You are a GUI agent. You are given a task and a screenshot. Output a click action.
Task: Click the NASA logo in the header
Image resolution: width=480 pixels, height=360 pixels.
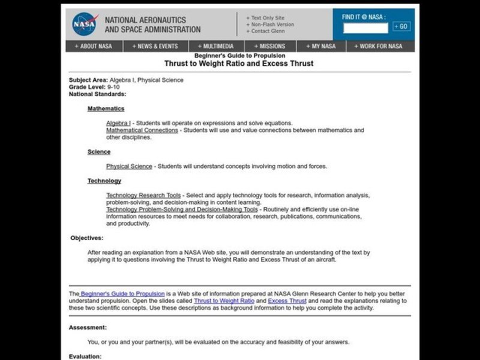click(x=85, y=24)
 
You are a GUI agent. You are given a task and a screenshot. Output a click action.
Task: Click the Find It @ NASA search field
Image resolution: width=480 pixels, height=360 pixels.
click(x=365, y=27)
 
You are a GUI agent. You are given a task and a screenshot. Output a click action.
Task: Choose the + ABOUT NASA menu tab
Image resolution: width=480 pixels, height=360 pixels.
click(x=94, y=46)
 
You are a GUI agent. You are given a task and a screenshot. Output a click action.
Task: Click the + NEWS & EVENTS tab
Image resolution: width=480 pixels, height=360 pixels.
click(x=156, y=46)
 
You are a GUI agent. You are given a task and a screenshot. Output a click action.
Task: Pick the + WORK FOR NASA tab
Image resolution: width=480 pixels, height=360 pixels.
click(x=379, y=46)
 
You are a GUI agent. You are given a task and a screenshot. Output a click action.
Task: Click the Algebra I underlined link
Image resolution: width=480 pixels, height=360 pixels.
click(x=119, y=123)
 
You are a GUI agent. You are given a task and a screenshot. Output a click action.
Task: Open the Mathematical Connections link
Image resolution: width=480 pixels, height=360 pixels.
click(x=142, y=130)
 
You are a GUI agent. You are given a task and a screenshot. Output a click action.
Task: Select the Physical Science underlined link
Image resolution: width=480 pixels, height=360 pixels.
click(x=129, y=166)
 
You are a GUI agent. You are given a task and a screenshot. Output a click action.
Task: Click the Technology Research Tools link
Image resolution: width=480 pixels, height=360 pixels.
click(x=143, y=195)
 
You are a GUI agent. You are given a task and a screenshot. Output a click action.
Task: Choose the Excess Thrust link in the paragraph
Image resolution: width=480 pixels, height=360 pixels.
click(x=287, y=301)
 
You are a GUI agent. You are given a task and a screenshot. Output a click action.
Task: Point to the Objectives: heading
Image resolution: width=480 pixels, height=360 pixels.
click(x=87, y=238)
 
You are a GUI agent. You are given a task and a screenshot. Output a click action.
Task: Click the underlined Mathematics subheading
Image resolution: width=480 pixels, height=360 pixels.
click(x=106, y=109)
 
